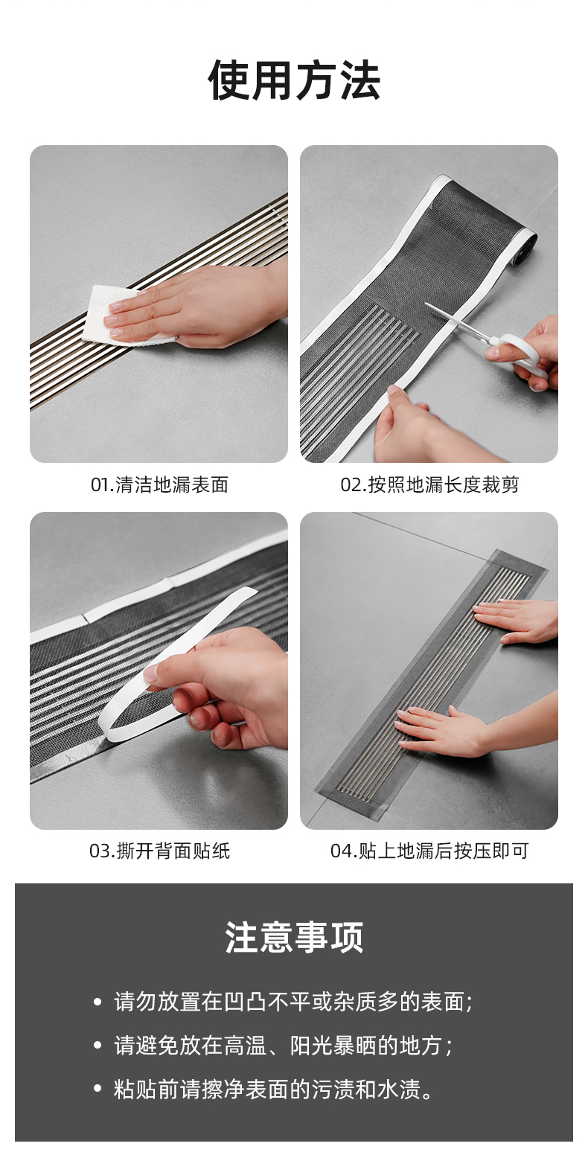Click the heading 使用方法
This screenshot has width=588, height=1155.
(x=294, y=80)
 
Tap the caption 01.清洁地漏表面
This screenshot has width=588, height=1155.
(x=159, y=484)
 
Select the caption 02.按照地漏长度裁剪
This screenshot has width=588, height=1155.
(x=429, y=484)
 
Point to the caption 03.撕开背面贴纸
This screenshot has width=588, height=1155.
(x=159, y=851)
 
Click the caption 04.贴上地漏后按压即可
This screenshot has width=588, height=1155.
(x=429, y=851)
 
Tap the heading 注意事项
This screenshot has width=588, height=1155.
(x=294, y=937)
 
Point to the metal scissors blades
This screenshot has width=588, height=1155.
(x=457, y=322)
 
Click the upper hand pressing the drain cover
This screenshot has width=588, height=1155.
(x=516, y=621)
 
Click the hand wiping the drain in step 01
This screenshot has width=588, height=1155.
(x=206, y=307)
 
